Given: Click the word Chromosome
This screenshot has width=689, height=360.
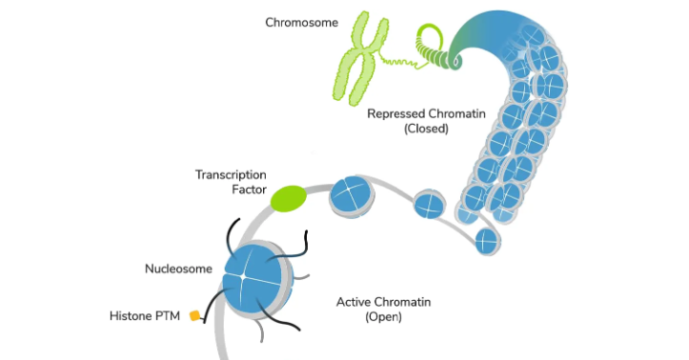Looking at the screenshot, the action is click(301, 23).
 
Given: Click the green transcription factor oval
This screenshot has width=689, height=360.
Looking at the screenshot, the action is click(288, 198).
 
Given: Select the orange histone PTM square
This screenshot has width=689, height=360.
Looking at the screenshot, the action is click(194, 315).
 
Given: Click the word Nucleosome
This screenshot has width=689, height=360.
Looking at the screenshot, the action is click(178, 269).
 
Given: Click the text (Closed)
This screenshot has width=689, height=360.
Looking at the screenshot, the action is click(426, 129).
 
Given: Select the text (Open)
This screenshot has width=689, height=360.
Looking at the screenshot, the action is click(383, 317).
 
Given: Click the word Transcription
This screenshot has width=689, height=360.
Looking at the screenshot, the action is click(231, 174).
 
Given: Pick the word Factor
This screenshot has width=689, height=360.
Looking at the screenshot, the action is click(249, 190).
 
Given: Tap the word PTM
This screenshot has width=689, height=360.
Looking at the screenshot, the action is click(168, 316).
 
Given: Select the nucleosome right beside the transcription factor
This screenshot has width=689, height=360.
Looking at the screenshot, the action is click(352, 197).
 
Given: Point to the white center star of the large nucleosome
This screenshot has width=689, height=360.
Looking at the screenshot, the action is click(243, 276).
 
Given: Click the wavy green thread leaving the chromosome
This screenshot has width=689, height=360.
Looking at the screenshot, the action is click(400, 62).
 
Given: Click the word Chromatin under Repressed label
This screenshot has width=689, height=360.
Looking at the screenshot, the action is click(456, 114).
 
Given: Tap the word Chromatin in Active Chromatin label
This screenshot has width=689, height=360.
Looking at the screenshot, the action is click(405, 302).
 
